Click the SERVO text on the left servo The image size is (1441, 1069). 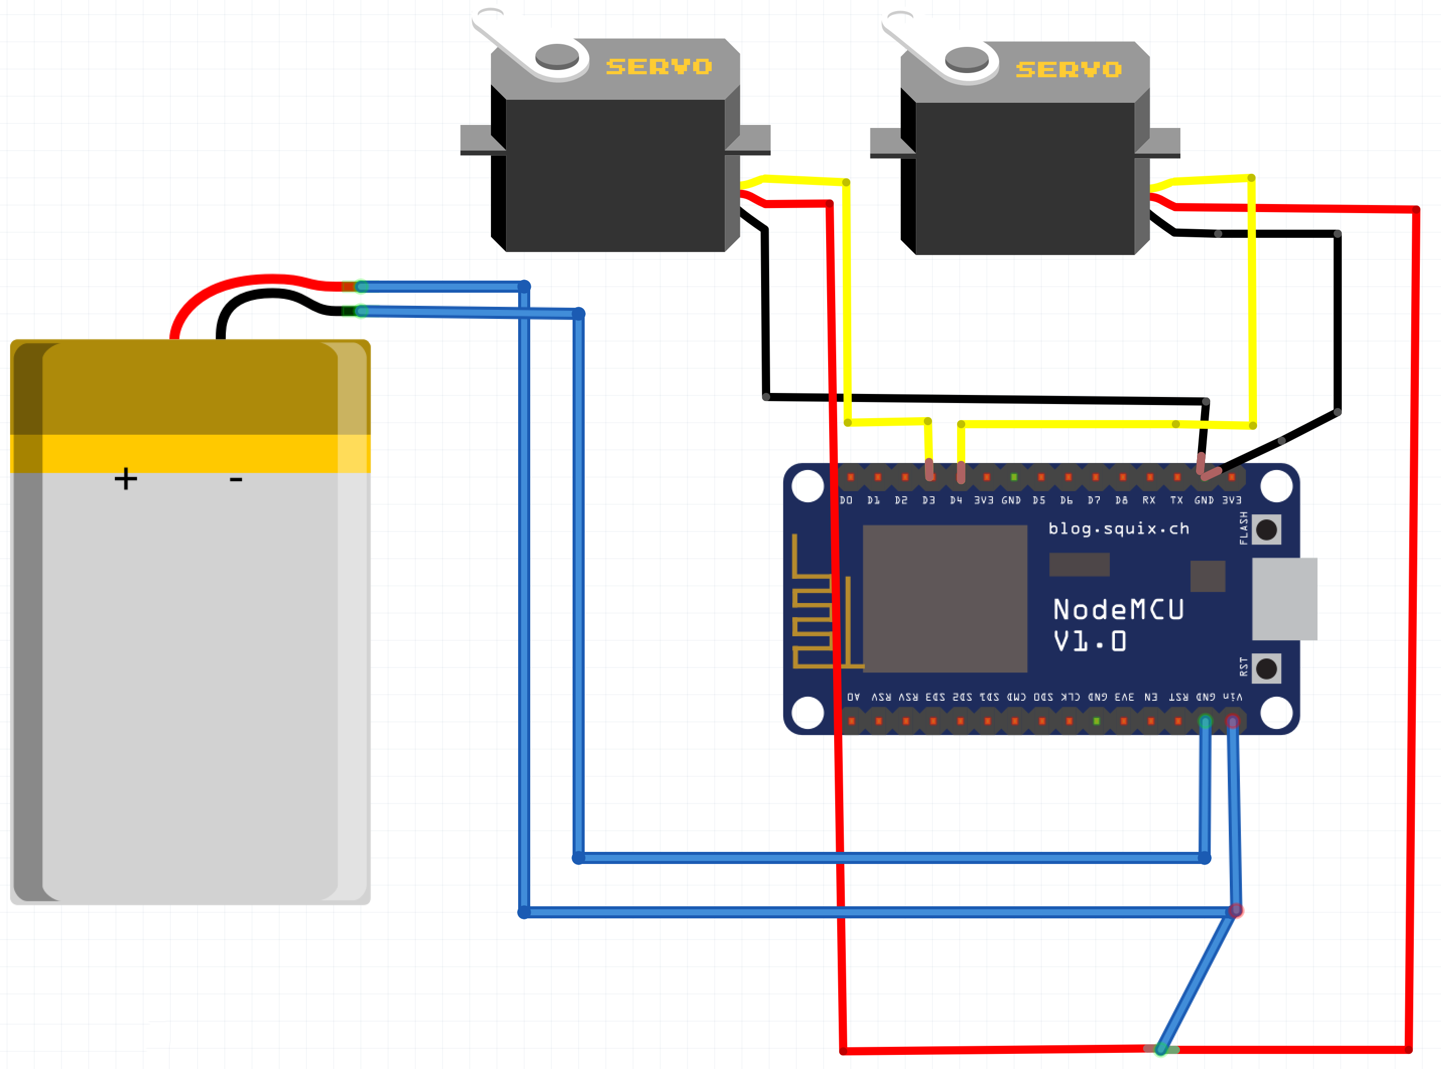pos(658,66)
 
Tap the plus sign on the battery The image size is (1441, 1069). pos(126,479)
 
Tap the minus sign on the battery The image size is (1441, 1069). pos(236,480)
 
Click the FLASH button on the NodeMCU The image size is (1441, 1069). pos(1266,529)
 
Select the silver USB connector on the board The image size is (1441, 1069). pos(1284,598)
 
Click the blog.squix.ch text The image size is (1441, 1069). pos(1118,528)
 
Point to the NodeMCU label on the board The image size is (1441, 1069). pos(1118,610)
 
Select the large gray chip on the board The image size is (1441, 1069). pos(945,598)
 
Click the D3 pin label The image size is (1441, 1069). pos(928,500)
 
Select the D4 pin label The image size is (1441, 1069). pos(956,500)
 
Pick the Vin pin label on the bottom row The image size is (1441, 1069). pos(1232,697)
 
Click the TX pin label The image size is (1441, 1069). pos(1176,500)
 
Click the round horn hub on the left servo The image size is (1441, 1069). pos(557,55)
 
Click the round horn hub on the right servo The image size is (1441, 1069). pos(967,59)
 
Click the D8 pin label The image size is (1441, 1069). pos(1121,500)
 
